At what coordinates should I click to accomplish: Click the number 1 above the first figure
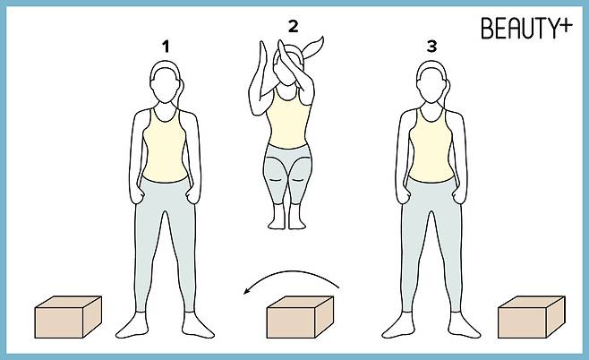click(x=166, y=47)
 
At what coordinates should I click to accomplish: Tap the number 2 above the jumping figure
click(x=294, y=26)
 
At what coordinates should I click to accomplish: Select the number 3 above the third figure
click(x=432, y=47)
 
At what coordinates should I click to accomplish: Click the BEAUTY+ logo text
click(x=526, y=28)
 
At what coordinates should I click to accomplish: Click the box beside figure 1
click(x=68, y=317)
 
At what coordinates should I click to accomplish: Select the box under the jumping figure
click(x=300, y=317)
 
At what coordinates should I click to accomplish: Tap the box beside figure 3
click(x=532, y=317)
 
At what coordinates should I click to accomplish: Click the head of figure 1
click(x=166, y=82)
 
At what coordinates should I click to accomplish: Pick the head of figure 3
click(x=432, y=82)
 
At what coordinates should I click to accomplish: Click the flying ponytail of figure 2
click(x=313, y=47)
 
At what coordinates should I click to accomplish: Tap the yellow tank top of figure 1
click(x=165, y=146)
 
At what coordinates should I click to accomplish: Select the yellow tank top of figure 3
click(x=431, y=146)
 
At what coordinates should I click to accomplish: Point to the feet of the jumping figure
click(x=286, y=218)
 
